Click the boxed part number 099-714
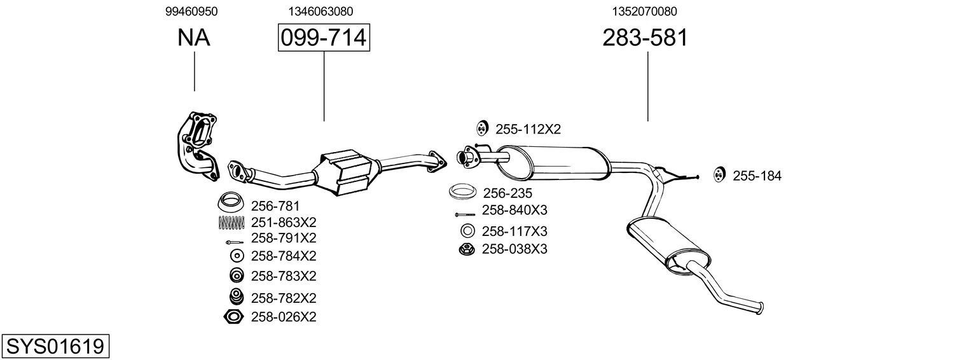pyautogui.click(x=324, y=38)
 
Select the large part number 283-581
pyautogui.click(x=645, y=38)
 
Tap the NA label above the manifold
pyautogui.click(x=193, y=38)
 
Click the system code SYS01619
pyautogui.click(x=55, y=347)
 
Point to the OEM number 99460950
pyautogui.click(x=193, y=11)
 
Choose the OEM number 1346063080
pyautogui.click(x=321, y=11)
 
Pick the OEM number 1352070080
pyautogui.click(x=645, y=11)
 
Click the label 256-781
pyautogui.click(x=275, y=206)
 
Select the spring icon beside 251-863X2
pyautogui.click(x=231, y=223)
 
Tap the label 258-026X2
pyautogui.click(x=284, y=317)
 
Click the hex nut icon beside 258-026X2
pyautogui.click(x=233, y=317)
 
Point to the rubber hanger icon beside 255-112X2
pyautogui.click(x=481, y=128)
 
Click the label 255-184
pyautogui.click(x=757, y=176)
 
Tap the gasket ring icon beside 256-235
pyautogui.click(x=463, y=191)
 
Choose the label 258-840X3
pyautogui.click(x=514, y=211)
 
